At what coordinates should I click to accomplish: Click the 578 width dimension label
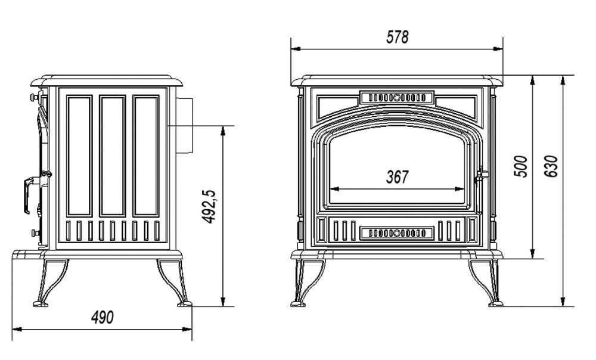pyautogui.click(x=397, y=38)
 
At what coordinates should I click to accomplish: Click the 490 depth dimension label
pyautogui.click(x=103, y=317)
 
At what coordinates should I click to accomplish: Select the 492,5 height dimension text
pyautogui.click(x=209, y=206)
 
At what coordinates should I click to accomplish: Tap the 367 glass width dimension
pyautogui.click(x=397, y=177)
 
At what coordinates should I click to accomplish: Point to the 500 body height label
pyautogui.click(x=521, y=166)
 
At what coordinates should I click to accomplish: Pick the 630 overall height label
pyautogui.click(x=551, y=166)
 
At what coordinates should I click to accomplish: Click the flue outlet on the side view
pyautogui.click(x=184, y=125)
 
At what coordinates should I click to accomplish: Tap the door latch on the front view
pyautogui.click(x=481, y=176)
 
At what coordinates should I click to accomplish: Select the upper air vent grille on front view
pyautogui.click(x=397, y=97)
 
